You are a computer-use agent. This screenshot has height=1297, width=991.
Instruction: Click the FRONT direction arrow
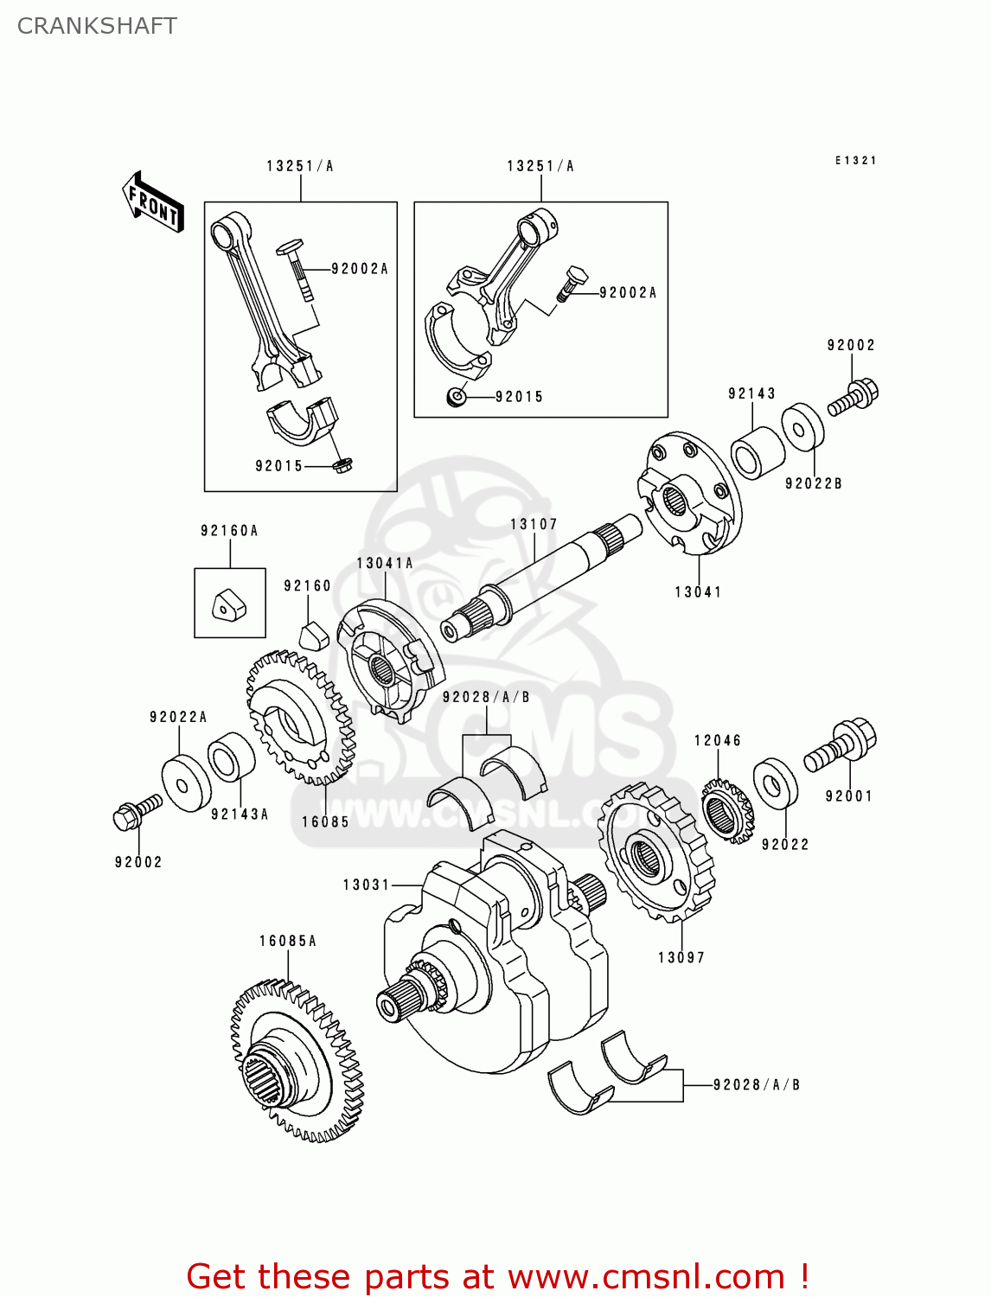(x=153, y=202)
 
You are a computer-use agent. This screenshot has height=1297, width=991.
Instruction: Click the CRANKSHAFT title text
(x=97, y=26)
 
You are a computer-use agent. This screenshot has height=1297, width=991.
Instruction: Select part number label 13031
(x=367, y=885)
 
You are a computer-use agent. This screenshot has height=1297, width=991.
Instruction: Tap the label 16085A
(x=288, y=941)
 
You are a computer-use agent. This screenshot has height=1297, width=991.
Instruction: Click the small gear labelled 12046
(x=726, y=811)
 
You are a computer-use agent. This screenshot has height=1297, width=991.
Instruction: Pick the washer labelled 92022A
(x=186, y=783)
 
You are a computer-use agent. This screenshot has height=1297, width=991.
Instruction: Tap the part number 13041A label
(x=385, y=564)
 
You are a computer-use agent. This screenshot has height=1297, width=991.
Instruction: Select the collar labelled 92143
(x=758, y=452)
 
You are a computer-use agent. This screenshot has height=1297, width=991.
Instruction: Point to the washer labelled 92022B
(x=803, y=427)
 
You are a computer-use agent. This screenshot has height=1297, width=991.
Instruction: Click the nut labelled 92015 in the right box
(x=456, y=397)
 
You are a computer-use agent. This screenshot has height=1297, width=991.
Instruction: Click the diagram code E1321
(x=855, y=161)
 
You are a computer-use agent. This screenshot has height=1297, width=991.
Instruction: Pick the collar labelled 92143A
(x=231, y=757)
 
